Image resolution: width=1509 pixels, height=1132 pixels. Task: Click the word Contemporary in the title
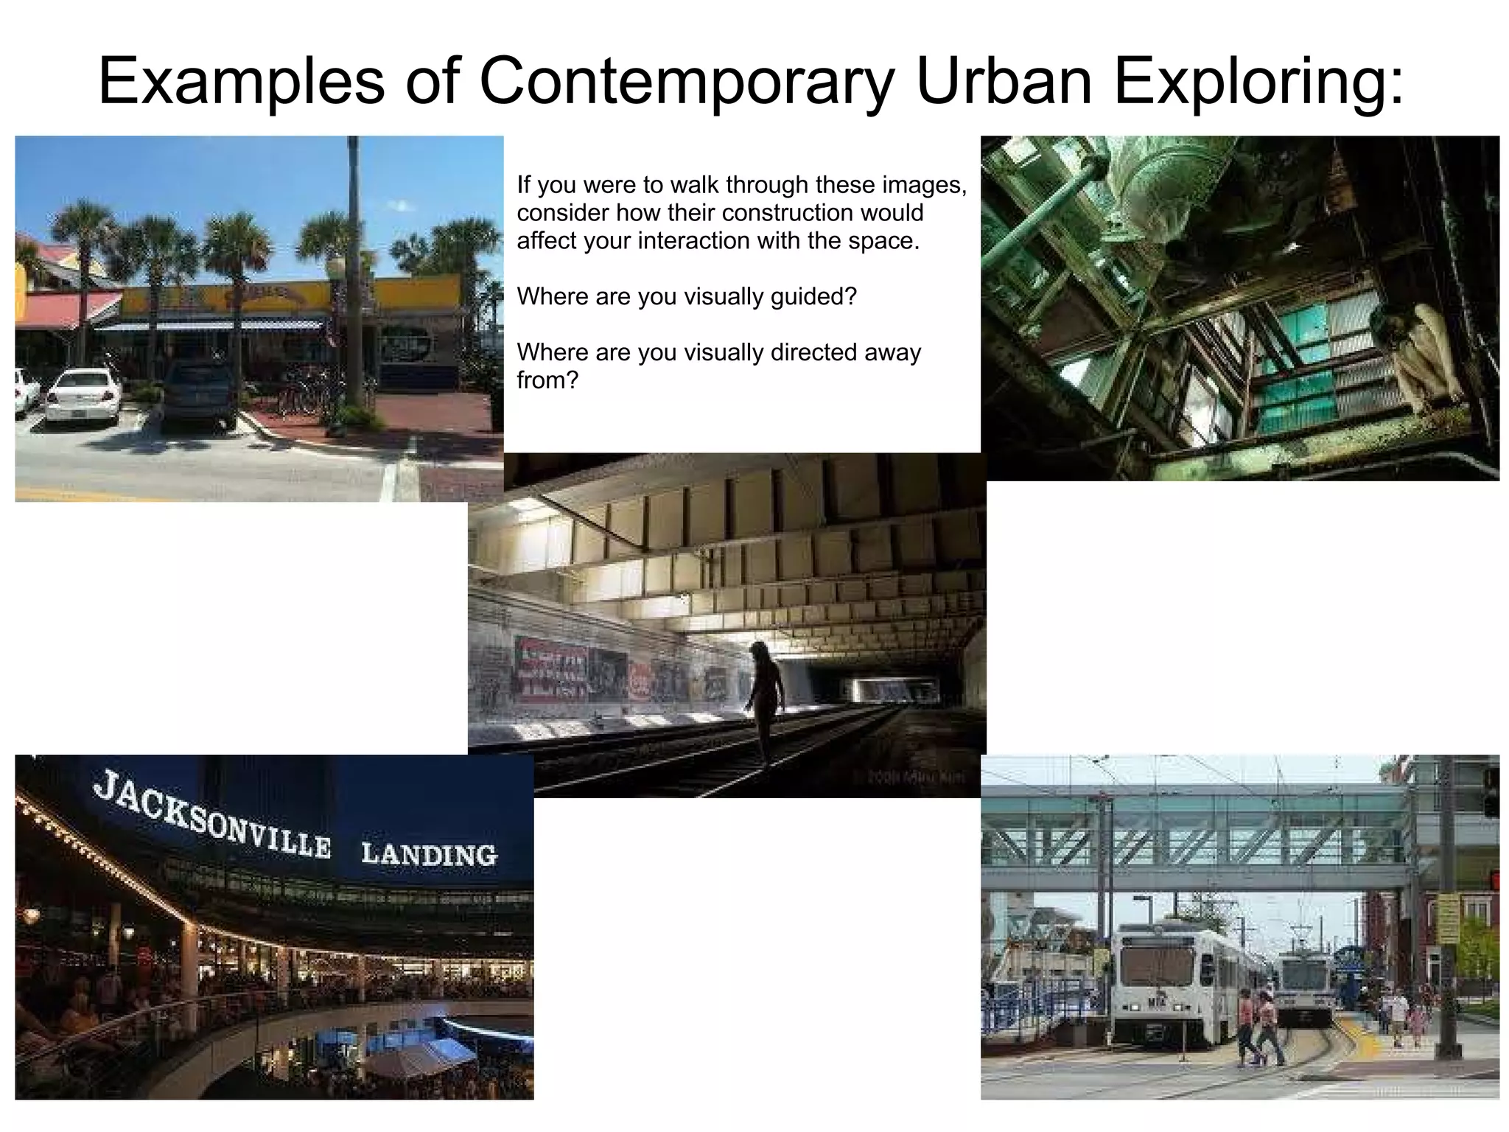point(685,81)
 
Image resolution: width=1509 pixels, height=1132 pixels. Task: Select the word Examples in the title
point(241,81)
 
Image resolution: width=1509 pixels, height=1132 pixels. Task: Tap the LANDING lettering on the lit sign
point(430,855)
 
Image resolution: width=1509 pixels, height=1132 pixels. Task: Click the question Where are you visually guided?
point(687,296)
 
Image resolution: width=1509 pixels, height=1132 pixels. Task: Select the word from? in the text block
point(547,380)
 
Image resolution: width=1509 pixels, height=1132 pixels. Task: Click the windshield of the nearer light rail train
point(1156,966)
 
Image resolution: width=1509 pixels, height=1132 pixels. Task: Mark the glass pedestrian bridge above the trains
point(1194,836)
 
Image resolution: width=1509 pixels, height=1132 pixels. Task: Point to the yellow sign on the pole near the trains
point(1447,918)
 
